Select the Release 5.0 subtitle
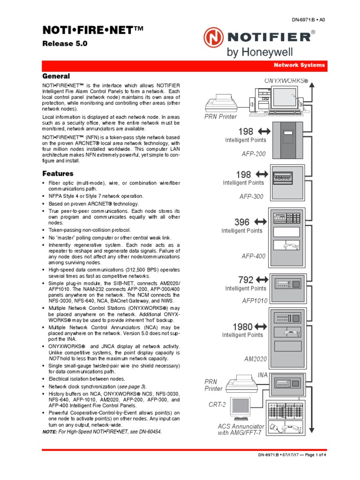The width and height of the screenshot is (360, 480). point(65,44)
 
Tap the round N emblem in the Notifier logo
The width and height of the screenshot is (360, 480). point(214,37)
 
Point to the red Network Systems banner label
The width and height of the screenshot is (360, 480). point(299,65)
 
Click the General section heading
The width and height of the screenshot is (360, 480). point(56,76)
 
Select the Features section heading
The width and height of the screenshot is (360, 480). point(58,173)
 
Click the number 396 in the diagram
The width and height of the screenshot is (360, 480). point(242,222)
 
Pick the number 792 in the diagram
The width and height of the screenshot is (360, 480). point(246,280)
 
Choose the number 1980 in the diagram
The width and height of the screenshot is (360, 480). point(243,326)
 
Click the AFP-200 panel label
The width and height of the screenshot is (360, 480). point(253,154)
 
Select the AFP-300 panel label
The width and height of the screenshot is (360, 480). point(252,196)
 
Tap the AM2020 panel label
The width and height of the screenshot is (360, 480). point(255,359)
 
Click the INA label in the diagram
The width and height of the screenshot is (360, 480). point(262,375)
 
